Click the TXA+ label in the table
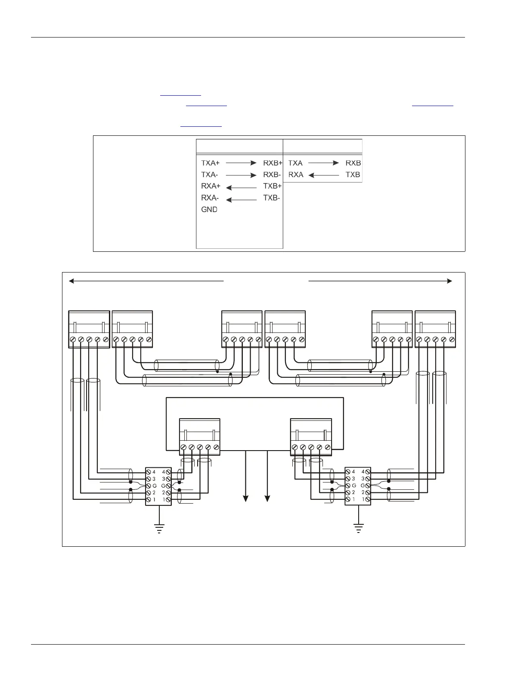point(211,163)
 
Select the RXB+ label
point(273,163)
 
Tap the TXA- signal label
point(210,175)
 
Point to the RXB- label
point(272,175)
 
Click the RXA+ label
point(211,186)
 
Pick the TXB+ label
point(272,186)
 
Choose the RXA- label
point(210,198)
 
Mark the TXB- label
point(272,198)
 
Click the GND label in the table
point(209,210)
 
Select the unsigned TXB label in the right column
point(353,175)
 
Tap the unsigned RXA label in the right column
point(296,175)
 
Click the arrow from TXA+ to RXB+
point(241,163)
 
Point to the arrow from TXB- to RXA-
point(241,200)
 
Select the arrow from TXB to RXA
point(324,175)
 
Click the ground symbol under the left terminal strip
point(159,528)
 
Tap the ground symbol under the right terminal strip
point(358,528)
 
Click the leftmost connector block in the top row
point(89,329)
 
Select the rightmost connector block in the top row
point(435,329)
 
